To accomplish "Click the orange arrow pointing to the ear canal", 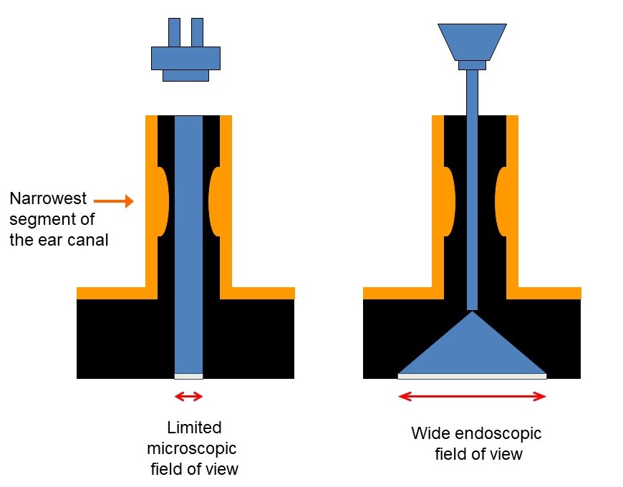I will [114, 201].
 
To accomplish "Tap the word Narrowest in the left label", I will [48, 198].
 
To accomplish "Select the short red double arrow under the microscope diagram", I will [188, 396].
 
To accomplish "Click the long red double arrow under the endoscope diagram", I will [472, 395].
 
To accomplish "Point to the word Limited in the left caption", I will [194, 428].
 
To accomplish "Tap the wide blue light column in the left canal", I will [188, 243].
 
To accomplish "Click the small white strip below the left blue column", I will [188, 376].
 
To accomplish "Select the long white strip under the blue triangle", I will [472, 375].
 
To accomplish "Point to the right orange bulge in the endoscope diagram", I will [501, 201].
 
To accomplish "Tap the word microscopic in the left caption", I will [191, 449].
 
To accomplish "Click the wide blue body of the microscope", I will [185, 58].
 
